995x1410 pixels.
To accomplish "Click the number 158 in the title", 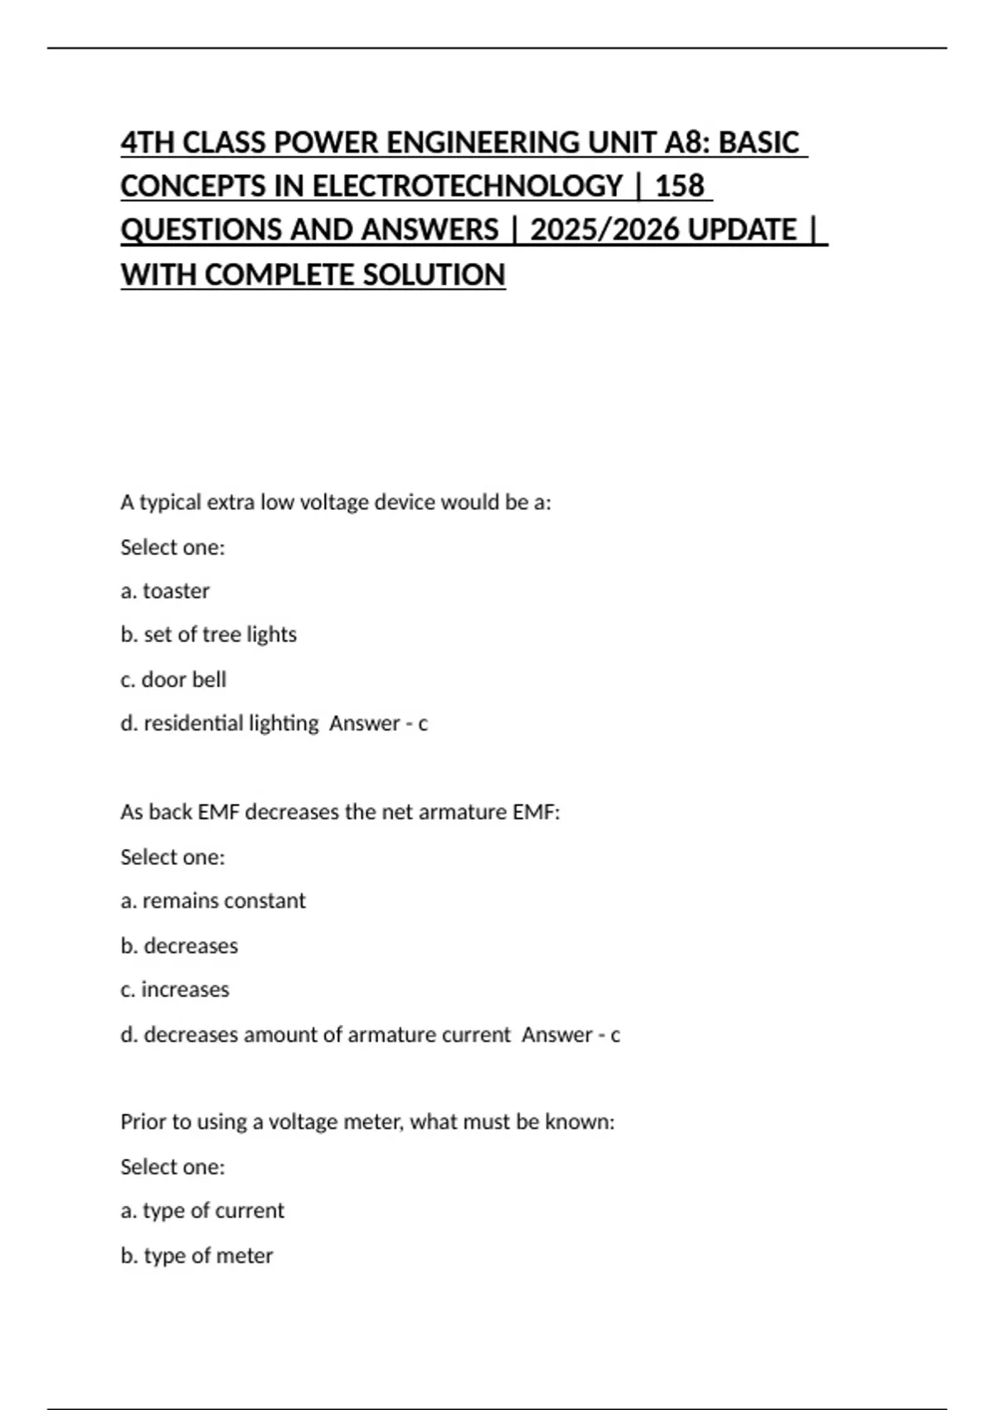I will pyautogui.click(x=679, y=186).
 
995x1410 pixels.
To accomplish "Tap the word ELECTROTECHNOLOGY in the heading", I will pyautogui.click(x=467, y=186).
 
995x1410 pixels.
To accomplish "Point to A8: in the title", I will pyautogui.click(x=687, y=143).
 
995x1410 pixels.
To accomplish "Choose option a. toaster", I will pyautogui.click(x=165, y=591).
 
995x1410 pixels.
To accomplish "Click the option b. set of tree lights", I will pyautogui.click(x=208, y=634).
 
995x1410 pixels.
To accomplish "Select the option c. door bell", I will pyautogui.click(x=173, y=679).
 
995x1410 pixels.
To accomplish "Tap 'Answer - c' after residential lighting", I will pyautogui.click(x=378, y=723).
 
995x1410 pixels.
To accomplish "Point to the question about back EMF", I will pyautogui.click(x=340, y=812).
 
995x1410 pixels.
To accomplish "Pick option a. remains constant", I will pyautogui.click(x=213, y=901).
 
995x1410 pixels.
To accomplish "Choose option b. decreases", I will pyautogui.click(x=179, y=946).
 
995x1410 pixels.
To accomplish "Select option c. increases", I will pyautogui.click(x=175, y=989).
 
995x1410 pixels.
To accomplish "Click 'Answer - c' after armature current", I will pyautogui.click(x=570, y=1034).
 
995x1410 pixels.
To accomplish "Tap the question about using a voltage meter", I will pyautogui.click(x=367, y=1122).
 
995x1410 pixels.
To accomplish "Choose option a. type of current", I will pyautogui.click(x=202, y=1211).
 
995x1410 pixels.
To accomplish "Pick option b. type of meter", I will pyautogui.click(x=197, y=1256).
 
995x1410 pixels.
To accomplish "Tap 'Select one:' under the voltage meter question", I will pyautogui.click(x=172, y=1167).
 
